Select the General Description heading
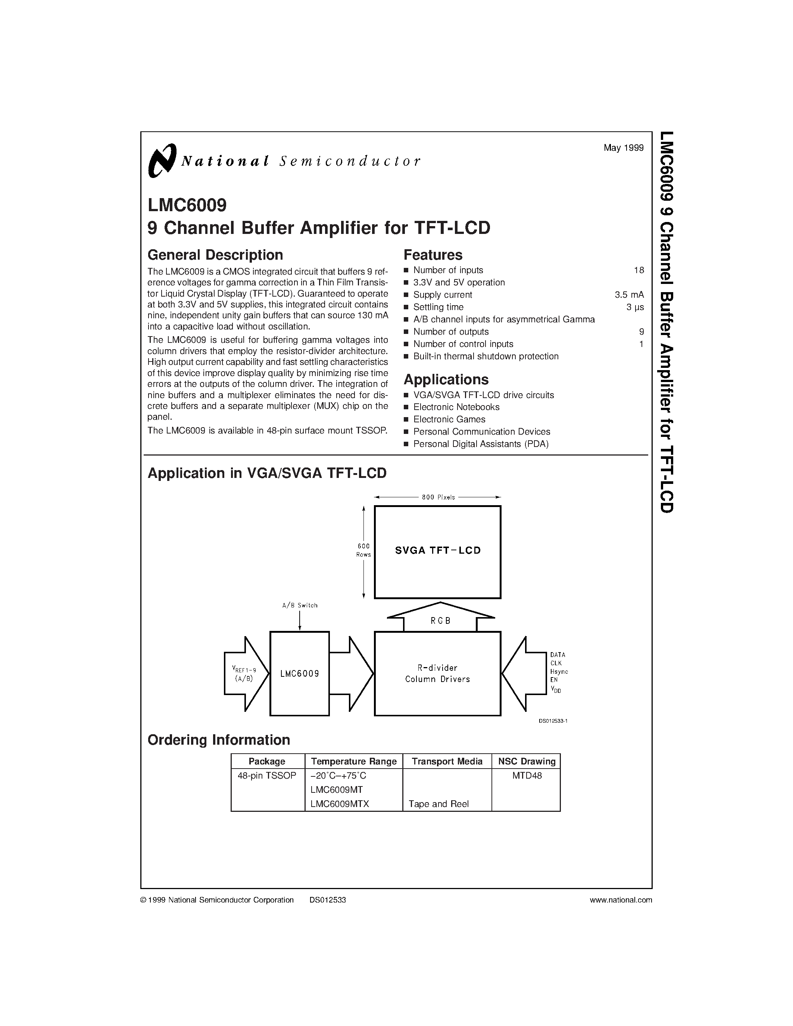[215, 255]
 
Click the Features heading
[433, 255]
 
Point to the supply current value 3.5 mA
[629, 295]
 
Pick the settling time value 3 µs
[635, 307]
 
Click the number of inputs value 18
[639, 270]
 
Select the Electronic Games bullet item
[449, 419]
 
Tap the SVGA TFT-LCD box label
[438, 551]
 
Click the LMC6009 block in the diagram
[300, 674]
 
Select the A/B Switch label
[300, 606]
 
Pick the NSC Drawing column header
[527, 761]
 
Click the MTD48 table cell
[527, 776]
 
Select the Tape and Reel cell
[438, 804]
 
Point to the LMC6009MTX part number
[340, 804]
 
